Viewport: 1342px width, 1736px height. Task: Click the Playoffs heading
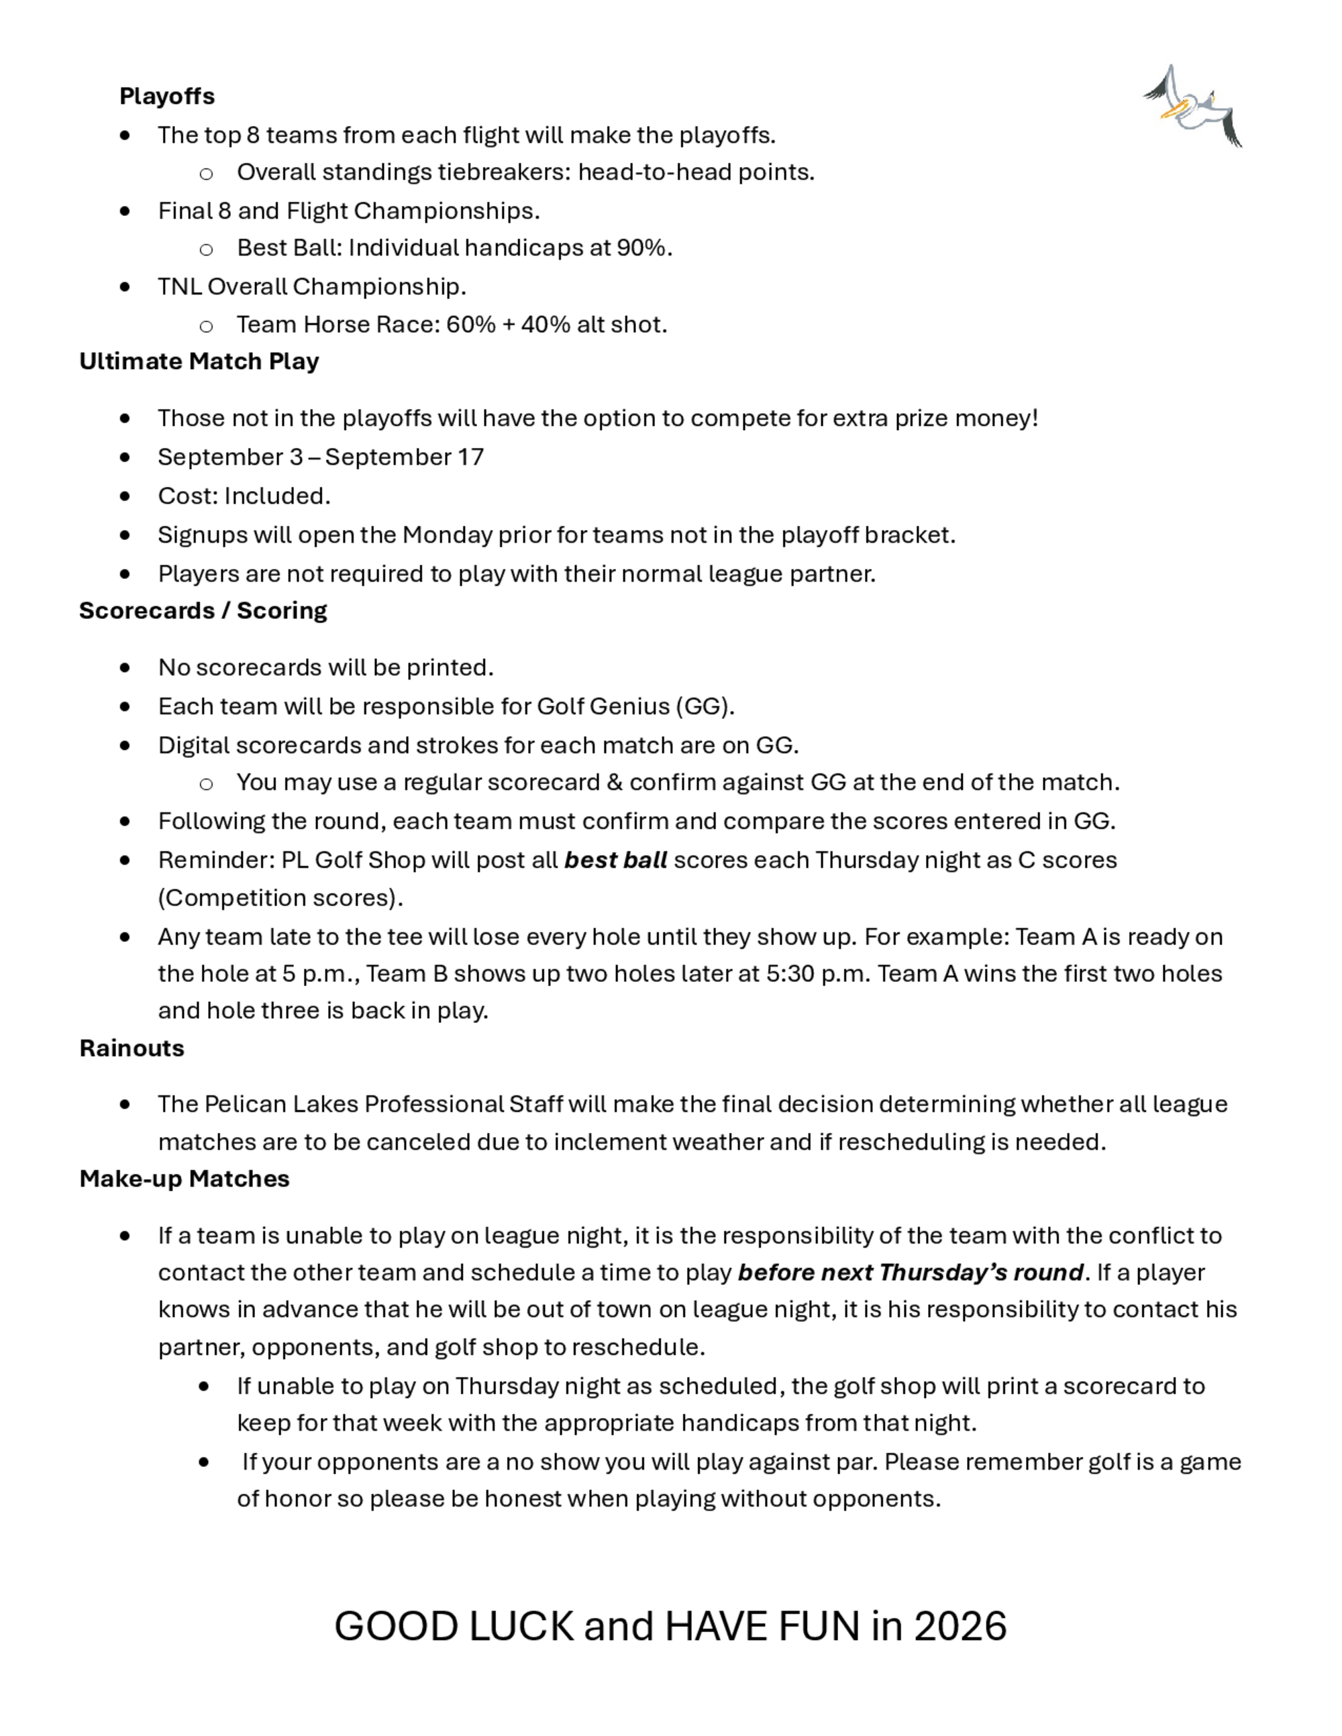pos(167,96)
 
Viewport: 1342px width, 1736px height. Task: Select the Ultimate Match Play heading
pos(199,362)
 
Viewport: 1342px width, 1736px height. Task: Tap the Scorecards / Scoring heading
pos(203,610)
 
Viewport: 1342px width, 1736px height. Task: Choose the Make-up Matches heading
pos(184,1179)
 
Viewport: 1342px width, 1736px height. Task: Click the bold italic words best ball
pos(615,860)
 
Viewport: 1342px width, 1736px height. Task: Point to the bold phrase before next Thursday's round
pos(911,1272)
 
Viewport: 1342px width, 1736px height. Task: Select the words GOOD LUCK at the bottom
pos(453,1626)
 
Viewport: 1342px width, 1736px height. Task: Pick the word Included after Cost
pos(276,496)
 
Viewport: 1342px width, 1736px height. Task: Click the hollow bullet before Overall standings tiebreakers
pos(206,173)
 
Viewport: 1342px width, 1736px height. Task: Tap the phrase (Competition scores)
pos(280,898)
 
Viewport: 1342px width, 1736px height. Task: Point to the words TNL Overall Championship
pos(311,287)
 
